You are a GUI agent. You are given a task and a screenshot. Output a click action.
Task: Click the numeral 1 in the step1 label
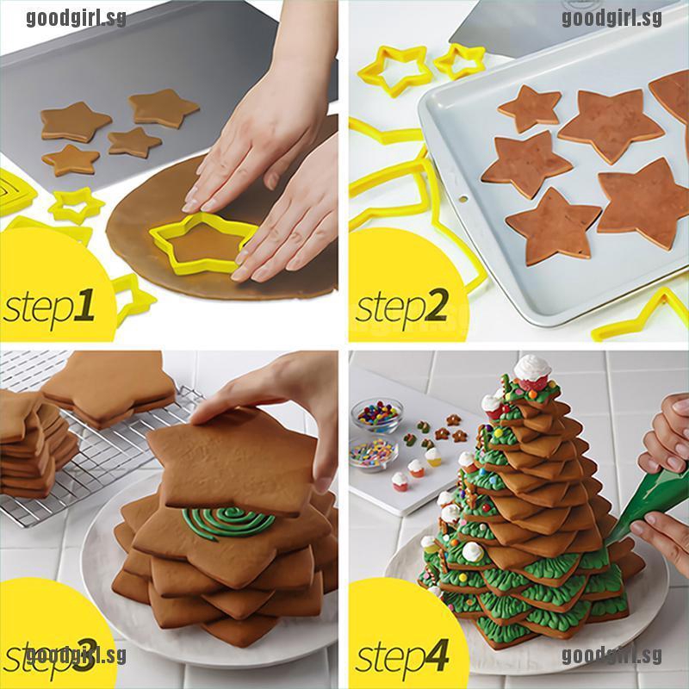84,305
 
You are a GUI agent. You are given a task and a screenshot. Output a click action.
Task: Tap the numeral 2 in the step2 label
434,305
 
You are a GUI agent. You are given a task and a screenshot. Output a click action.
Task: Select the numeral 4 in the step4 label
434,655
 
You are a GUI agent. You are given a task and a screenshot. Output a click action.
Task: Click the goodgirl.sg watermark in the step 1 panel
76,18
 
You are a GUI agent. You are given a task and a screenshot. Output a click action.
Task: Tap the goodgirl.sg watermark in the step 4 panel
611,656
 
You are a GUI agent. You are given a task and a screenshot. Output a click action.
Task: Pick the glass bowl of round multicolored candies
376,415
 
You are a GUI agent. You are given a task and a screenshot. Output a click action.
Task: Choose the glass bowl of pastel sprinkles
374,453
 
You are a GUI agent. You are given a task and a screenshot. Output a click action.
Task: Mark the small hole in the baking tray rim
463,199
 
